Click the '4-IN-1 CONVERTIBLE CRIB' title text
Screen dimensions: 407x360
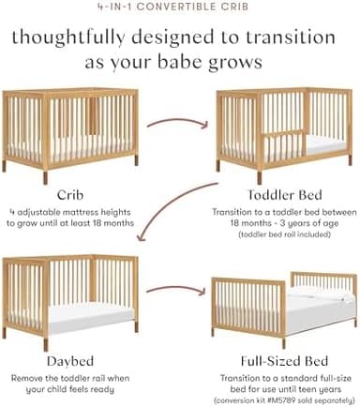click(x=179, y=6)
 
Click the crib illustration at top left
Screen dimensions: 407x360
click(x=60, y=128)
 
